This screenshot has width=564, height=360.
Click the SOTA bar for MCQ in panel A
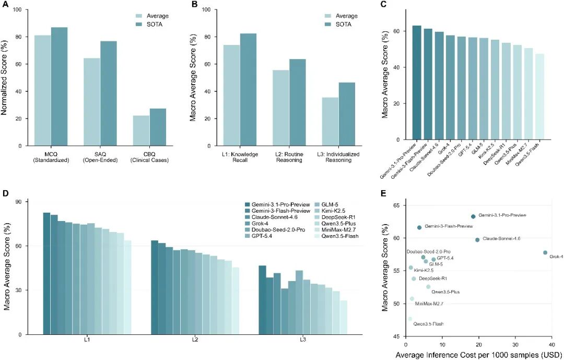click(59, 87)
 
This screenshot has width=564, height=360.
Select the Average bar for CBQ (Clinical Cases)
click(142, 131)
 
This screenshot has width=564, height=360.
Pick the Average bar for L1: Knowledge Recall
click(232, 96)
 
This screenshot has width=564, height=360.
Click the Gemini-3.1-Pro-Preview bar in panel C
click(417, 83)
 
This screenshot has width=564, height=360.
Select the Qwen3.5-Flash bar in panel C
click(539, 97)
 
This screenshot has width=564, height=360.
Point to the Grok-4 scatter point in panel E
click(545, 253)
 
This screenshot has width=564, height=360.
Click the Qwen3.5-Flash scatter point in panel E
click(410, 319)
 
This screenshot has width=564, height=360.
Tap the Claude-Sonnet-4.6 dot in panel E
click(477, 240)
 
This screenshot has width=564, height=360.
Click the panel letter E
click(383, 194)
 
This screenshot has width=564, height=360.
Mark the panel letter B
click(195, 4)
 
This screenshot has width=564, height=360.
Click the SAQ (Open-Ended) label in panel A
click(100, 157)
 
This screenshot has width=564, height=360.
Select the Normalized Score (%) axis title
click(4, 78)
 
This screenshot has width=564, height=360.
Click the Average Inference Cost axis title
click(477, 355)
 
